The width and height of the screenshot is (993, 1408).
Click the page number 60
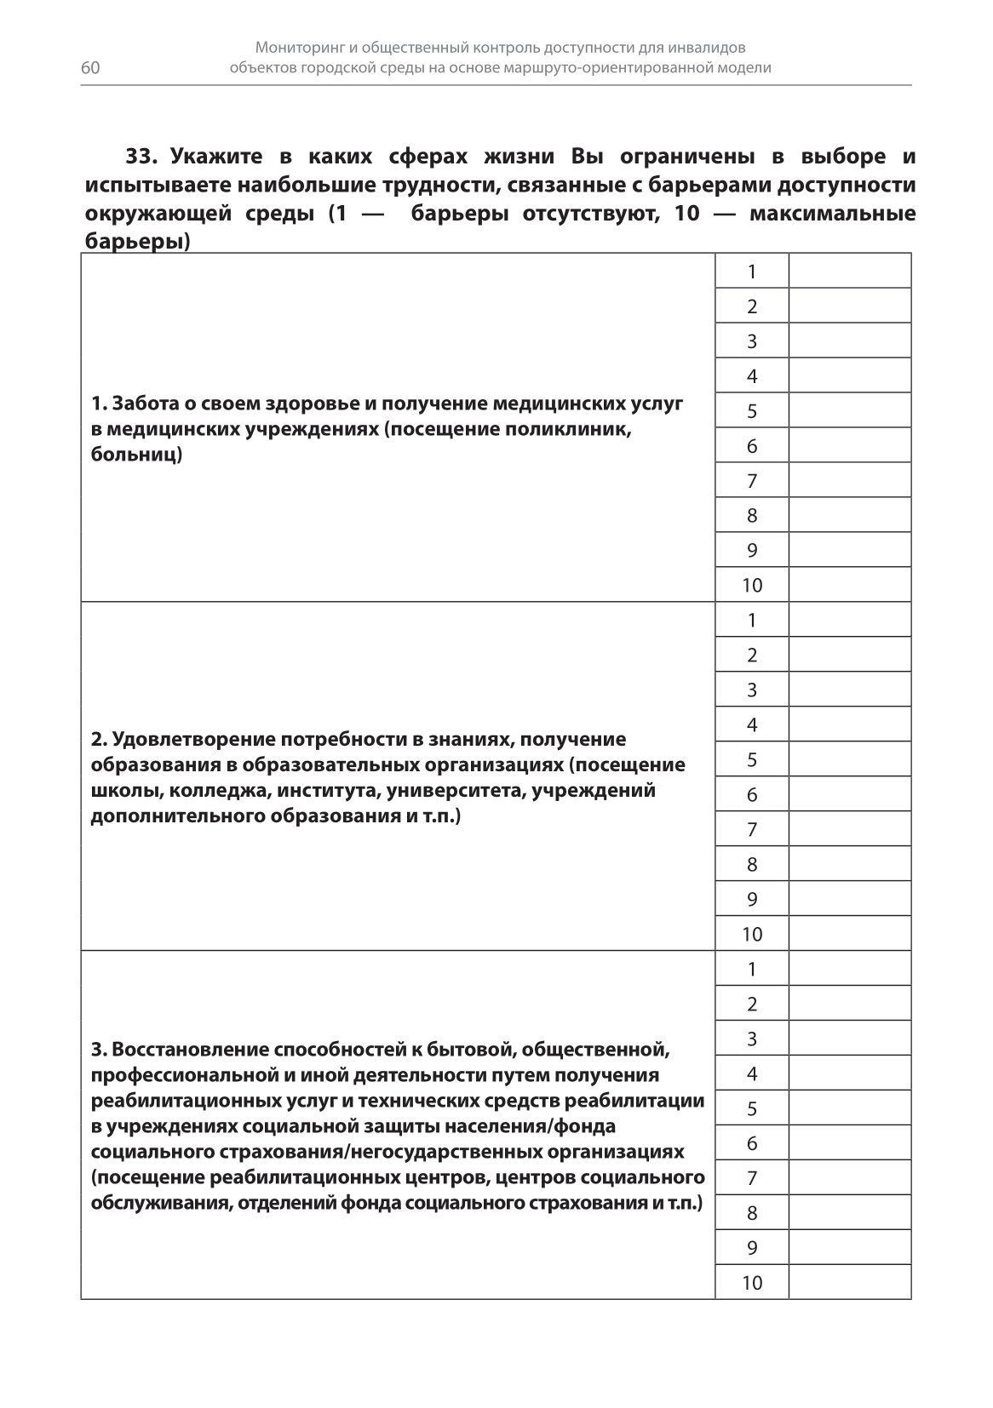click(x=91, y=69)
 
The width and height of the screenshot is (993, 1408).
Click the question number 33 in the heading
click(x=142, y=157)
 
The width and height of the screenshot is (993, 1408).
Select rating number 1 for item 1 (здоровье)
click(x=751, y=272)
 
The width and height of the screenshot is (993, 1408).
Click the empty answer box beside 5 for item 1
click(x=849, y=411)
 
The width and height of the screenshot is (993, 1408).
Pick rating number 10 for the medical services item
click(x=751, y=586)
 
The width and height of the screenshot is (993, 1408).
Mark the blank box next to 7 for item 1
click(x=849, y=481)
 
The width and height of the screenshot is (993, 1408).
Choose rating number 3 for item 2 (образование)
click(x=751, y=690)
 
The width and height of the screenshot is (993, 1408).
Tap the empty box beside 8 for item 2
click(x=849, y=865)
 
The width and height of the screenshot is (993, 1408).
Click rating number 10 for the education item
click(x=751, y=935)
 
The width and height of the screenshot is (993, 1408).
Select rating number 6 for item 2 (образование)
click(x=751, y=795)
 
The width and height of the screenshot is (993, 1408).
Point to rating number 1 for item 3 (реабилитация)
click(x=751, y=970)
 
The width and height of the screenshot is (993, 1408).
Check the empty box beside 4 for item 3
click(x=849, y=1074)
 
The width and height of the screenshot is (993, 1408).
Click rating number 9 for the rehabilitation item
click(x=751, y=1249)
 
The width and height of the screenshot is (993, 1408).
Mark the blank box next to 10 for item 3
click(x=849, y=1284)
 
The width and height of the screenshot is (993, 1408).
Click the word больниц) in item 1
click(x=136, y=455)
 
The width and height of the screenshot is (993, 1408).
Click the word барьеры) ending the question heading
click(x=136, y=243)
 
